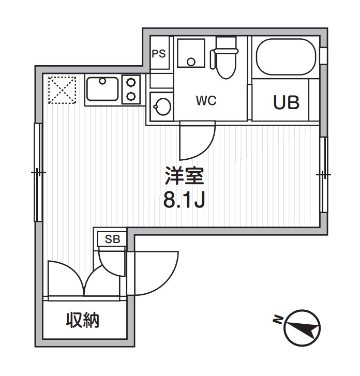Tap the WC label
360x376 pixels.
(x=206, y=101)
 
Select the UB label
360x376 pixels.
(x=286, y=102)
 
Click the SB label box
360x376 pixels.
(x=112, y=239)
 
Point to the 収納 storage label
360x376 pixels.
(x=82, y=321)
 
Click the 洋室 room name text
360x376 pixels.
(x=184, y=177)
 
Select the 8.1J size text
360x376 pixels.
(x=184, y=200)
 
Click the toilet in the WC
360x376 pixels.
(x=225, y=58)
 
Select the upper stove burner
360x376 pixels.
(x=132, y=82)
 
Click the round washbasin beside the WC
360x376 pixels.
(x=161, y=107)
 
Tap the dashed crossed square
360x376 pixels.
(x=62, y=90)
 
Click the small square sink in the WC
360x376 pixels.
(x=191, y=53)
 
